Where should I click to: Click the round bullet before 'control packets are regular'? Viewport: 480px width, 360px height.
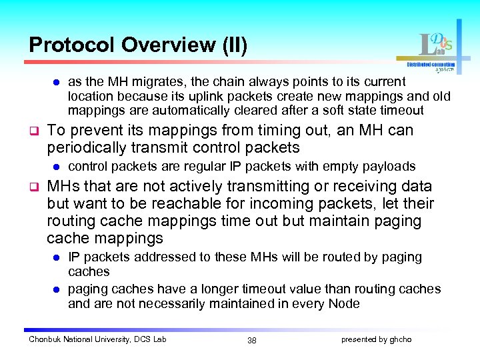click(x=57, y=167)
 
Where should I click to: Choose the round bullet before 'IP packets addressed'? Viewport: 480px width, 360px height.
click(x=57, y=257)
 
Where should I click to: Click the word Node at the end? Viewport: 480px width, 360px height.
click(x=344, y=303)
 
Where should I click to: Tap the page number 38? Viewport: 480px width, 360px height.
click(x=251, y=340)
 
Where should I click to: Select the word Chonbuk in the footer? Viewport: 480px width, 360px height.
click(x=45, y=339)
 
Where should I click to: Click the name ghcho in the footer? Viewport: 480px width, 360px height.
click(x=401, y=339)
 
